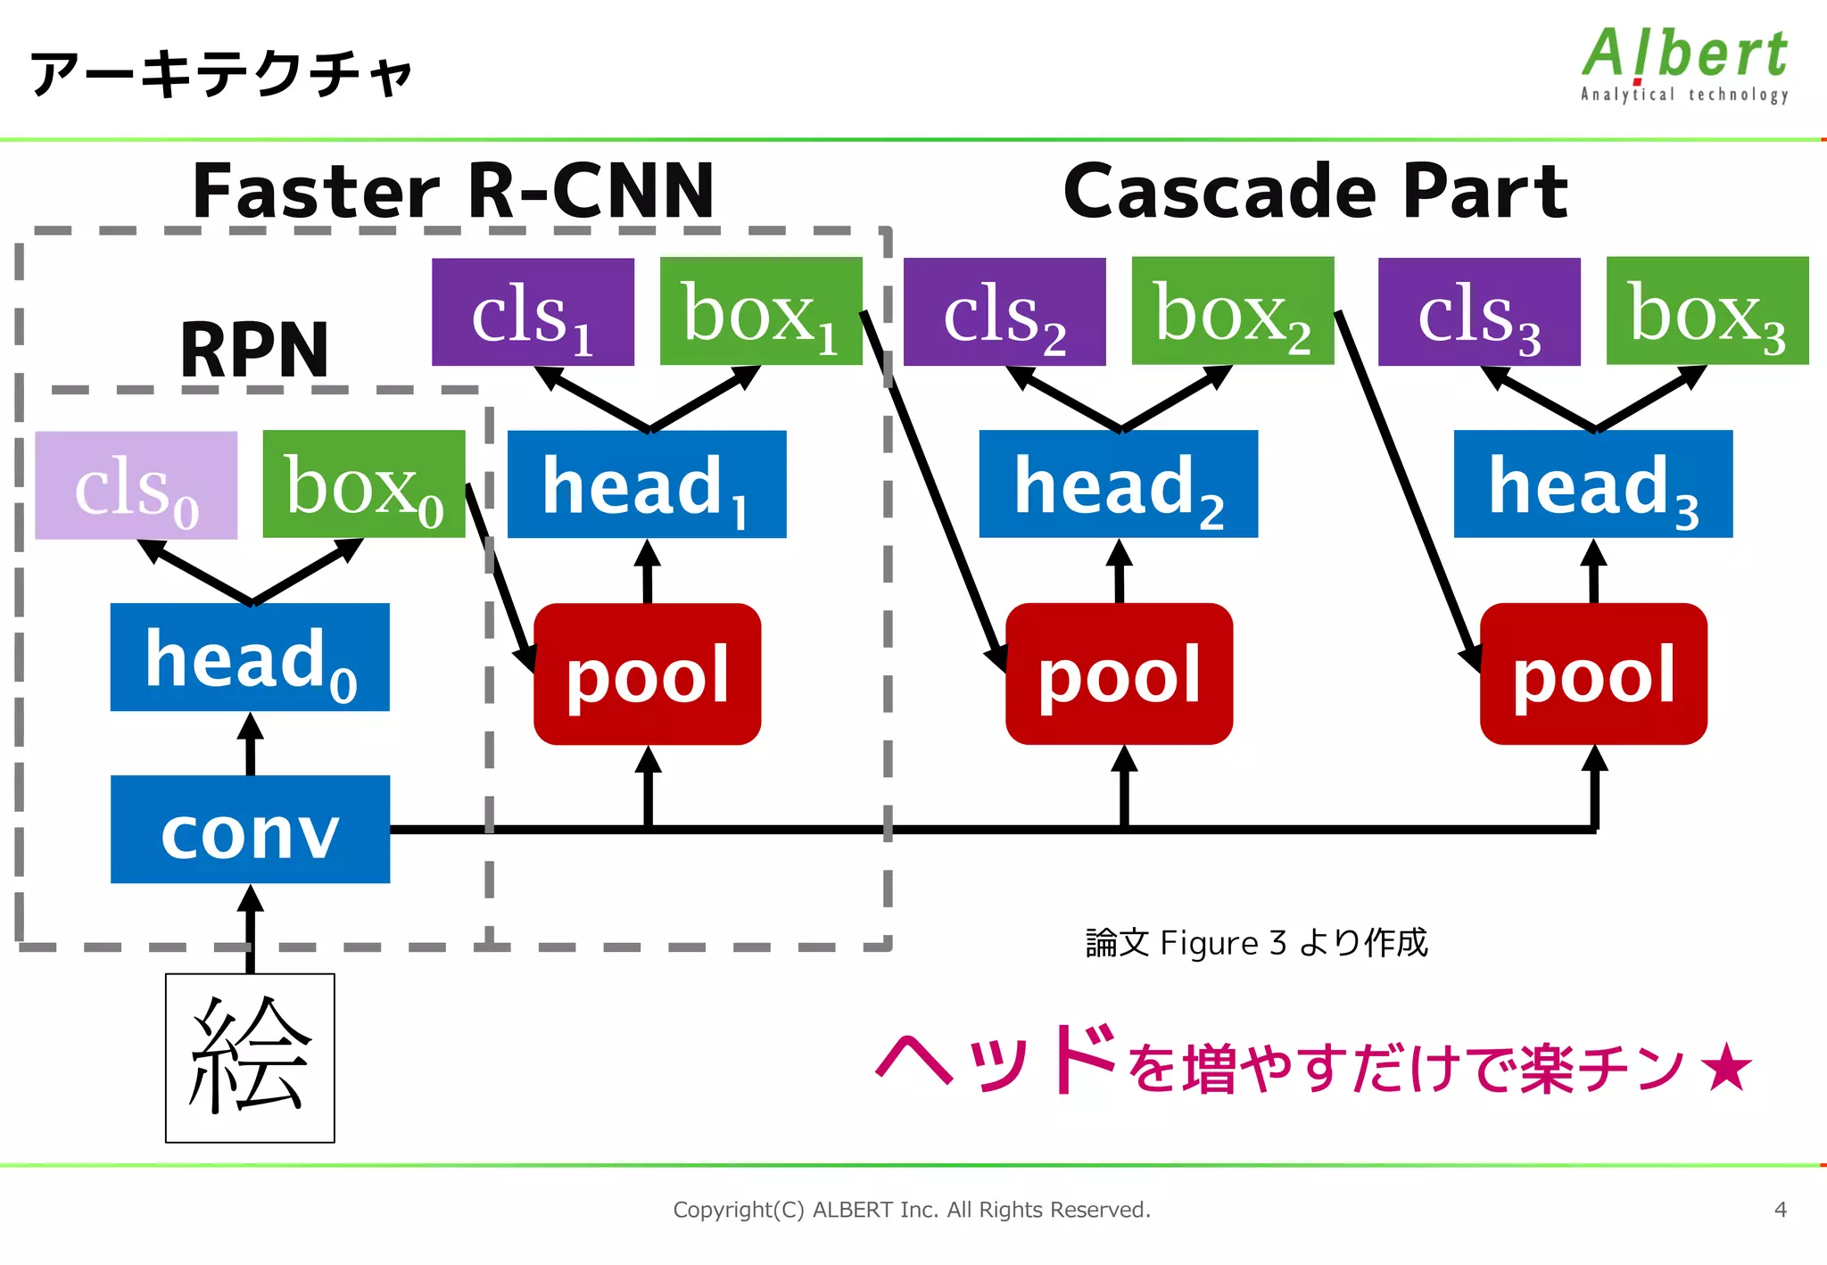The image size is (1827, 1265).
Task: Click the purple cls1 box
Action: point(533,311)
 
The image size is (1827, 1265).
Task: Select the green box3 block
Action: point(1707,310)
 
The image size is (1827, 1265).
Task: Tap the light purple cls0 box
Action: point(136,485)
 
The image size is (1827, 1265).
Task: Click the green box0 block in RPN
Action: point(364,484)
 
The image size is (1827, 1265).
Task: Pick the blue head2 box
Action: point(1118,484)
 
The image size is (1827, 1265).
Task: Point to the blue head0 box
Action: point(250,657)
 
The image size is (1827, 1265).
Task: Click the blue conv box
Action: point(250,830)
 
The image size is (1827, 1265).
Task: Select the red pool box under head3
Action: point(1593,674)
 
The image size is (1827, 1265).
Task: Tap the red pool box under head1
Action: point(647,674)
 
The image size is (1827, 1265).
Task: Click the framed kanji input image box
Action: point(250,1058)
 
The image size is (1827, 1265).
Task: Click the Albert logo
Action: point(1684,64)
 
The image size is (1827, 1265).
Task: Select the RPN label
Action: point(254,350)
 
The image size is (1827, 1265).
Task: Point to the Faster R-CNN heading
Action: point(453,191)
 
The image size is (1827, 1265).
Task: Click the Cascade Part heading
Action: point(1315,191)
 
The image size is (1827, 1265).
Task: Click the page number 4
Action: point(1780,1210)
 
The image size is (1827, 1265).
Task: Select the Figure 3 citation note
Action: point(1256,943)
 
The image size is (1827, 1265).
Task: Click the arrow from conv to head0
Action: point(251,745)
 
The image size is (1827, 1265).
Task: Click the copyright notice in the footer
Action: point(912,1210)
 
